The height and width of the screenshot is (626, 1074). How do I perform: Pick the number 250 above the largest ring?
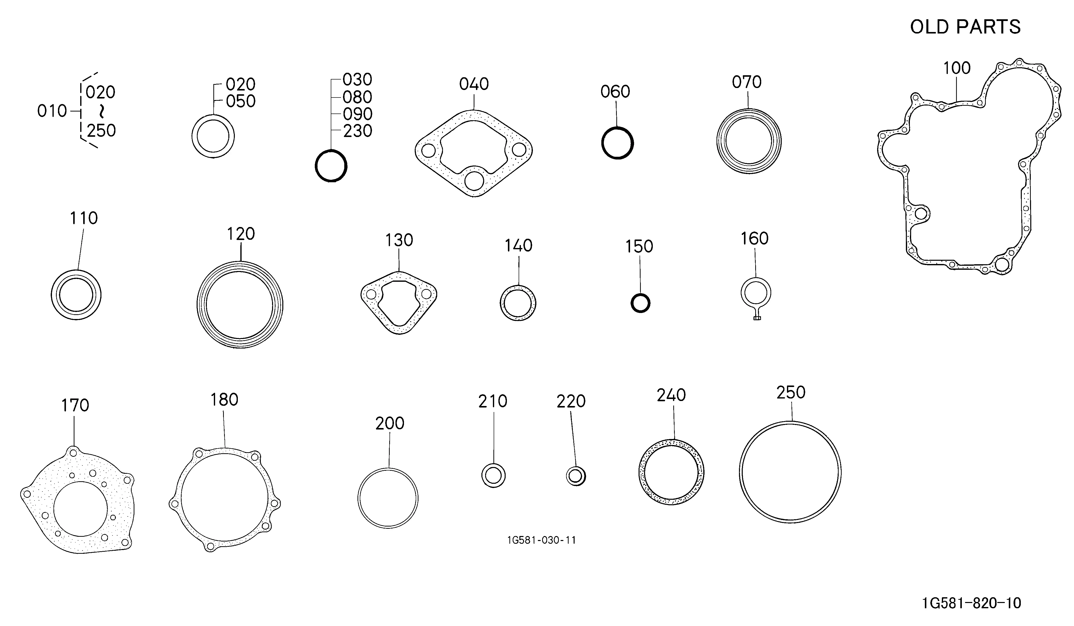[791, 392]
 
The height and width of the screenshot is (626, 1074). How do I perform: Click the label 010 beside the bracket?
[52, 111]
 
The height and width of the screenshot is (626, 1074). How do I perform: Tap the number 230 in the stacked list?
[358, 131]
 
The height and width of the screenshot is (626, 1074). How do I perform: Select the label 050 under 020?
[241, 101]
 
